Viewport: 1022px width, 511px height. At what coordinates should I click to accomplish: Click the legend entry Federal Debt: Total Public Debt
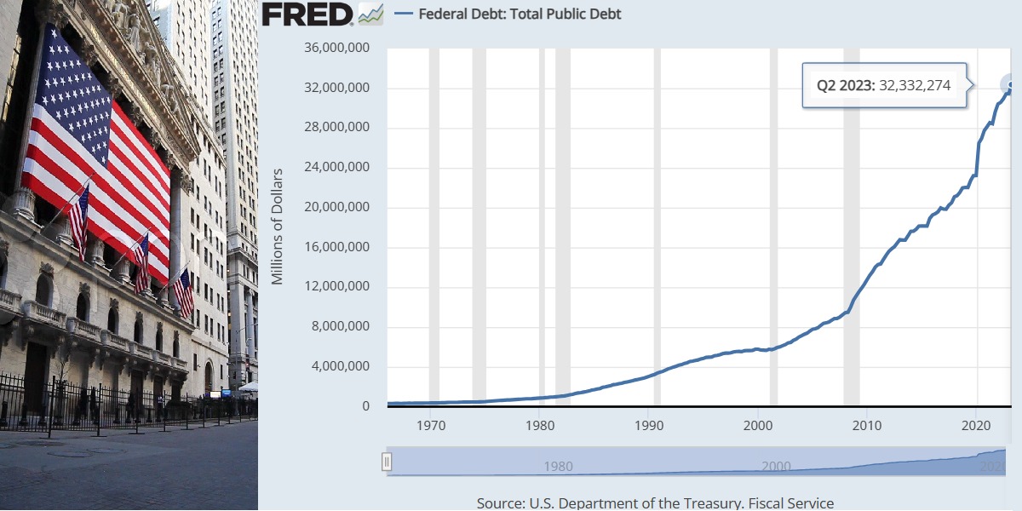520,14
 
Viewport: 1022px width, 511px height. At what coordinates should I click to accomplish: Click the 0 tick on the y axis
365,406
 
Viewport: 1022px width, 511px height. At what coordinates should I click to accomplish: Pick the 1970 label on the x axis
431,425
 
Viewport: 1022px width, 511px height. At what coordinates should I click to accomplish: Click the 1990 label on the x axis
649,425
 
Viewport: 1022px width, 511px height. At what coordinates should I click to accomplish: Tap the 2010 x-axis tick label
867,425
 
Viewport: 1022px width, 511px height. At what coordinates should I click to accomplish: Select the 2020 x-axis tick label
976,425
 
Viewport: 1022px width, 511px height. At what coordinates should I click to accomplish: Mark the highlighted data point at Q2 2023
1010,84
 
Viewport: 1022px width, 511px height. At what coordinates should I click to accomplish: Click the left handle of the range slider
387,462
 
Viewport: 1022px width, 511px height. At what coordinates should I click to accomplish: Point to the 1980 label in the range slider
558,466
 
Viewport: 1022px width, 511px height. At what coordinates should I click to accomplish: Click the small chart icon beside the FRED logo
370,14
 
